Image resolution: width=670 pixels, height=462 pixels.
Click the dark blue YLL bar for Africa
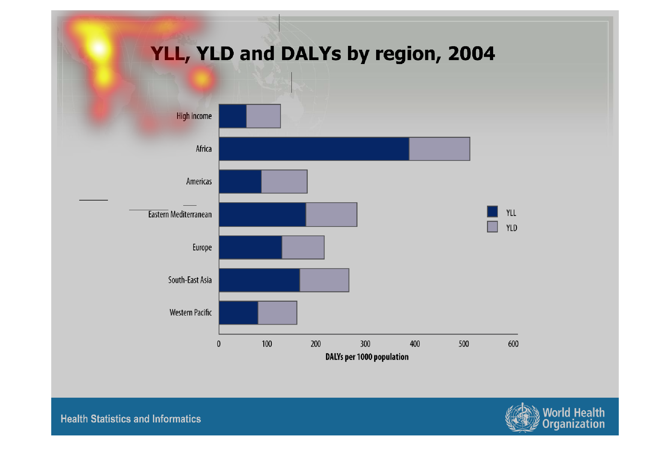(x=314, y=149)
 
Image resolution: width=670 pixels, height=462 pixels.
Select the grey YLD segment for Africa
(x=439, y=149)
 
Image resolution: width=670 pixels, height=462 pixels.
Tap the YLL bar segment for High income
(x=233, y=116)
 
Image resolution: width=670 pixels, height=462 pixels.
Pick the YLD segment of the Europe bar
(x=303, y=247)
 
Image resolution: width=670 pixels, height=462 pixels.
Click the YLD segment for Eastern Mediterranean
(x=331, y=214)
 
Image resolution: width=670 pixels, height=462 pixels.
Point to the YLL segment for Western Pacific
(x=239, y=313)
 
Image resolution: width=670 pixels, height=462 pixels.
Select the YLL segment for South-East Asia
(x=259, y=280)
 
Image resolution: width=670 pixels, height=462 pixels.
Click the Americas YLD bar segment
(x=284, y=181)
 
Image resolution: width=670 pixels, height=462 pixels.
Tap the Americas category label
(x=199, y=181)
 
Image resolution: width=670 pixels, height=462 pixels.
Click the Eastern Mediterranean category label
(x=180, y=214)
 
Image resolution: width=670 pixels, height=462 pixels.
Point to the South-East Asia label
(x=190, y=280)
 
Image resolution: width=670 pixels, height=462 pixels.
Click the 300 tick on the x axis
(x=365, y=344)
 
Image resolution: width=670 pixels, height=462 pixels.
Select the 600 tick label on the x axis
(x=513, y=344)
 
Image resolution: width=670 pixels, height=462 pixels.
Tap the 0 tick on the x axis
(x=219, y=344)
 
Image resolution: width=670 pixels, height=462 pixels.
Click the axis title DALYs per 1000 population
(x=367, y=357)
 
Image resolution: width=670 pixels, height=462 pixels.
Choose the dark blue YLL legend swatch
(x=492, y=211)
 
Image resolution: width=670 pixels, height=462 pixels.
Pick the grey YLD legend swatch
(x=492, y=226)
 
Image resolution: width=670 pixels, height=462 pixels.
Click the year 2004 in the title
(x=471, y=54)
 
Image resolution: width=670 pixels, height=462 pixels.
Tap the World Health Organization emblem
(x=522, y=418)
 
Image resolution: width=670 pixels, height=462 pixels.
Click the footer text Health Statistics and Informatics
(x=131, y=419)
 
